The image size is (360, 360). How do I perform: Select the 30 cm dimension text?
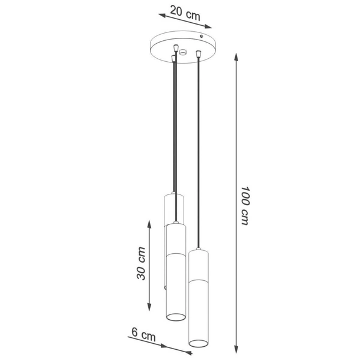[x=141, y=263]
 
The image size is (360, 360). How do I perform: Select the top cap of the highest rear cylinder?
[x=173, y=195]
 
